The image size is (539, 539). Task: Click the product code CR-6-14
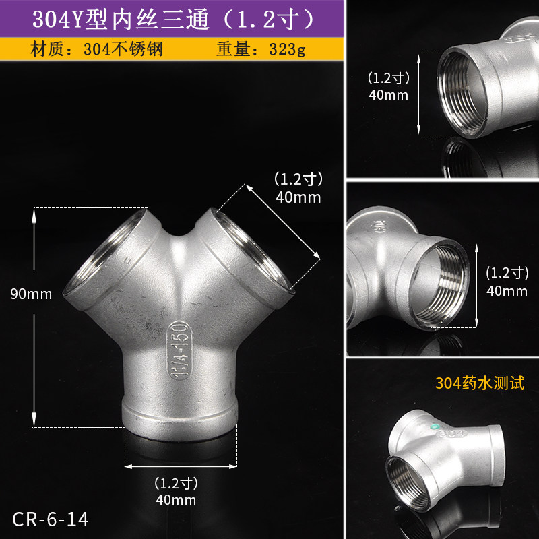(x=50, y=519)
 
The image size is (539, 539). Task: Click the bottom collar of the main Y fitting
(x=180, y=415)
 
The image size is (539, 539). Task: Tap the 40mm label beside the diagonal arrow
(x=298, y=197)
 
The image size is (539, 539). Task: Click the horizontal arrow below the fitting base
(x=181, y=465)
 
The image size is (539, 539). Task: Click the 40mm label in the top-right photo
(x=388, y=94)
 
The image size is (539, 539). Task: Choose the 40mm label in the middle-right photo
(x=506, y=291)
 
